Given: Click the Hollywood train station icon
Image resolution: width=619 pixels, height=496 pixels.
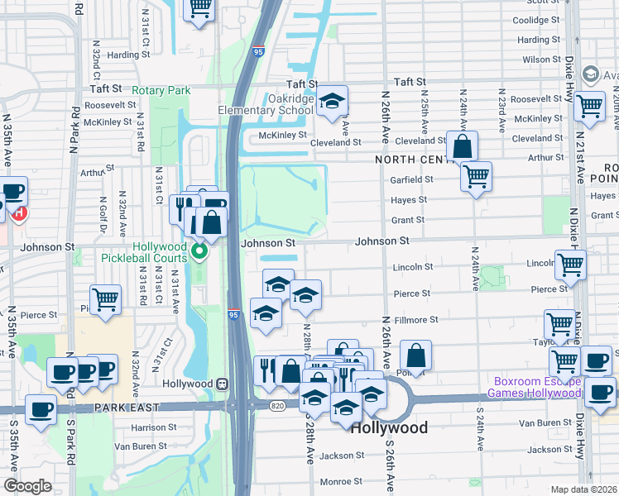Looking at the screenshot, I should click(222, 384).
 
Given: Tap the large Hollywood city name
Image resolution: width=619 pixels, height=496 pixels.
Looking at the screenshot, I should click(390, 427).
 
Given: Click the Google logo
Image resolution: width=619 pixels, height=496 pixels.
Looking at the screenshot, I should click(26, 485).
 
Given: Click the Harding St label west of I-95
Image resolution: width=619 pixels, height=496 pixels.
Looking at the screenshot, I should click(127, 55).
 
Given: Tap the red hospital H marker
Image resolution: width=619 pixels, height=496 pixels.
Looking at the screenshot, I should click(18, 212).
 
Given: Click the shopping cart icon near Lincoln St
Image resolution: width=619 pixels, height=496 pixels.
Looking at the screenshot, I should click(571, 265).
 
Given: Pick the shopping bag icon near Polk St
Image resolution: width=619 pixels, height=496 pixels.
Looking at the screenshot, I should click(416, 356).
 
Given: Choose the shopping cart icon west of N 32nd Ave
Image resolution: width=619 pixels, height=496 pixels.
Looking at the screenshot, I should click(105, 300).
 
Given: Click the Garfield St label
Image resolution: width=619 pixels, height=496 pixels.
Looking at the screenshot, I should click(411, 179).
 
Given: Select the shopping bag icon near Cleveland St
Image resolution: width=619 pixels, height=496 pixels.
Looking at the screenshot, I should click(463, 146).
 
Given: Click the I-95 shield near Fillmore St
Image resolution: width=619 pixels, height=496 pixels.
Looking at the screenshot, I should click(234, 315).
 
